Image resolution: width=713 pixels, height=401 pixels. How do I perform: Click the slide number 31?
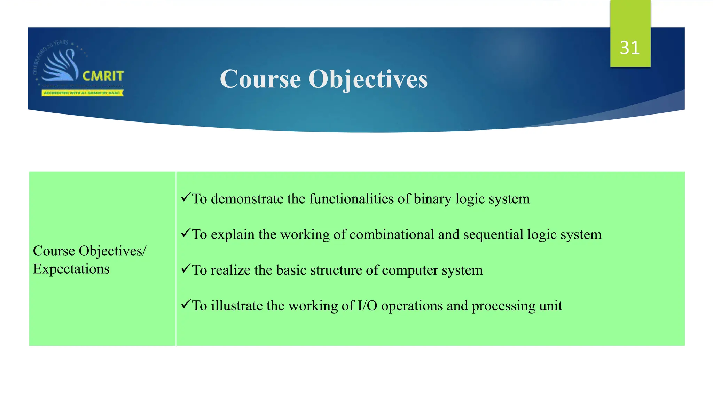pyautogui.click(x=630, y=48)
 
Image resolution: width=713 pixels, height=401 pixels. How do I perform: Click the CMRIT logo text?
pyautogui.click(x=103, y=76)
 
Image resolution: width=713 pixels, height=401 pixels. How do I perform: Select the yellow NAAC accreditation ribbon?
pyautogui.click(x=83, y=93)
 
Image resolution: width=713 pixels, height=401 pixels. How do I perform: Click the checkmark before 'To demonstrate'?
pyautogui.click(x=186, y=197)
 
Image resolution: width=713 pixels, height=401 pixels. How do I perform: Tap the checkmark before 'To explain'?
pyautogui.click(x=186, y=233)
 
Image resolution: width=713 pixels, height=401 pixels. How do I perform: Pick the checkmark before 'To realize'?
pyautogui.click(x=186, y=268)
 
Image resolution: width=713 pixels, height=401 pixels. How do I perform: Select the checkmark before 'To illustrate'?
pyautogui.click(x=186, y=304)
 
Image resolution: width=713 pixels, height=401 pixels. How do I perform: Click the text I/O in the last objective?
pyautogui.click(x=367, y=306)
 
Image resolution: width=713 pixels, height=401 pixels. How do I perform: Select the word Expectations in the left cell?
pyautogui.click(x=71, y=269)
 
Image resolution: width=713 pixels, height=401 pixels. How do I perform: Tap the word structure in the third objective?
pyautogui.click(x=336, y=270)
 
